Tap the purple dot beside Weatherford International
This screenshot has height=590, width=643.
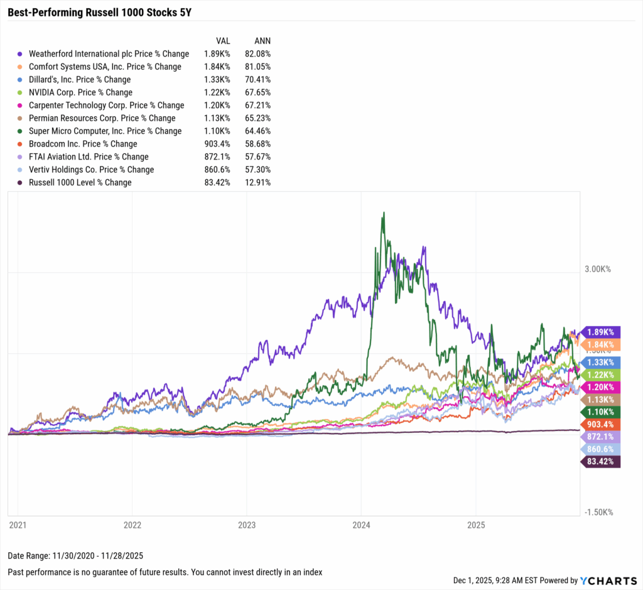click(x=21, y=54)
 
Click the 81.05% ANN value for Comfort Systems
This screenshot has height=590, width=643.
click(x=258, y=67)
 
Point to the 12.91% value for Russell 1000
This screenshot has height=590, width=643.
click(x=258, y=182)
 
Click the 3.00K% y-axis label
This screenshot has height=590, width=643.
click(x=598, y=269)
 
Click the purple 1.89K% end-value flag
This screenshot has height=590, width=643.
click(x=602, y=332)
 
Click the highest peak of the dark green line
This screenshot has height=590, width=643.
click(x=383, y=213)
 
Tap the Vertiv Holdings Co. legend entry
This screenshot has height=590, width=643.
click(x=91, y=170)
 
